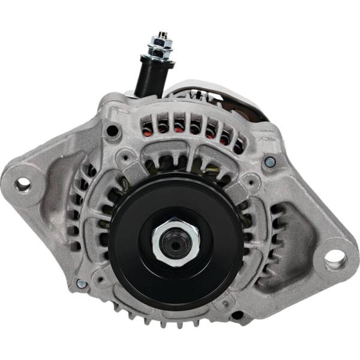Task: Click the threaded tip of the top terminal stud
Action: point(161,35)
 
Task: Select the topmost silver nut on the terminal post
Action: point(161,43)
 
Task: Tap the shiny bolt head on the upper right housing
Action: point(270,161)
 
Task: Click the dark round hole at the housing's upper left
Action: point(112,130)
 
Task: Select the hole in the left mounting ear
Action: point(23,184)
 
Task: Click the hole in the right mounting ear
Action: point(335,259)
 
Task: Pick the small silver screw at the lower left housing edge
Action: point(82,283)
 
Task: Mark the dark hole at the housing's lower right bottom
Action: point(238,314)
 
